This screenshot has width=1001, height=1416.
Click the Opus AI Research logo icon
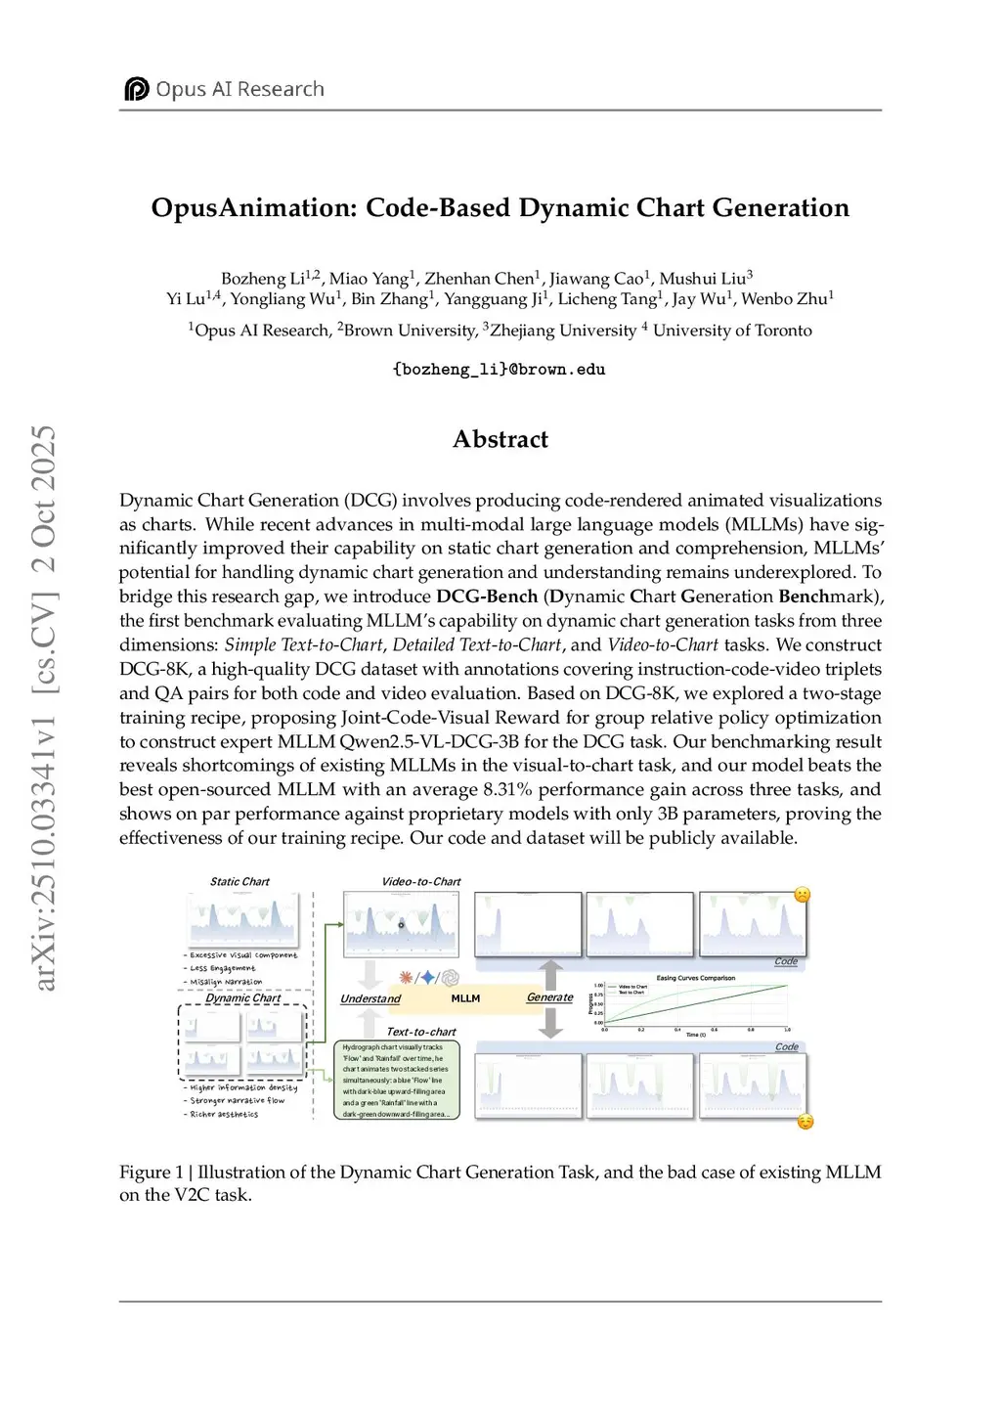click(136, 89)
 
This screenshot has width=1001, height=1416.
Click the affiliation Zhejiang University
click(563, 331)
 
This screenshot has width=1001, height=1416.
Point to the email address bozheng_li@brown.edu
click(499, 370)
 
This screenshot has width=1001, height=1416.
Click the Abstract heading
click(500, 439)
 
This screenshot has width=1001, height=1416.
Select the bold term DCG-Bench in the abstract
click(487, 597)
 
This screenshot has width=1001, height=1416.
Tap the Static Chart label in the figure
click(239, 881)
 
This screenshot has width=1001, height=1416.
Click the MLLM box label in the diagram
click(465, 998)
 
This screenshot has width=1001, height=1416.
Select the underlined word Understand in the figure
click(370, 998)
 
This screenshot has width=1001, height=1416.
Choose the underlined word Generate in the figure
click(549, 997)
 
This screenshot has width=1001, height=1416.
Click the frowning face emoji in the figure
click(802, 895)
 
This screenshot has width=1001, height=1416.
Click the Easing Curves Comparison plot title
click(695, 978)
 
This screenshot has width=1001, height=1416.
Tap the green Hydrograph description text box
click(396, 1080)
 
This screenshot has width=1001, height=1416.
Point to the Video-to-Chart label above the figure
click(420, 881)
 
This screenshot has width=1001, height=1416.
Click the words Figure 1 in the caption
click(151, 1172)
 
